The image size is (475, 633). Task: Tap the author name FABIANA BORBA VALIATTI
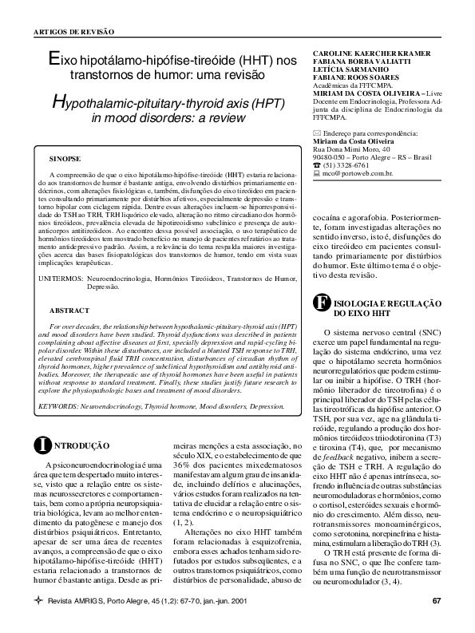point(356,63)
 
